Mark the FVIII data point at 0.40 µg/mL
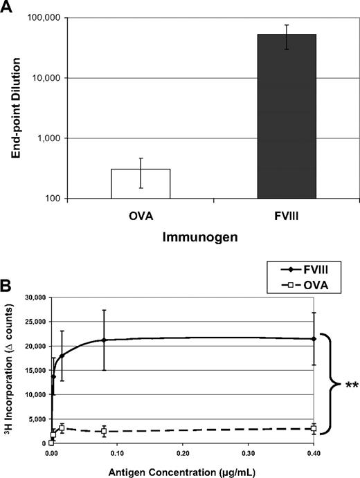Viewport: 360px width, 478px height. (314, 339)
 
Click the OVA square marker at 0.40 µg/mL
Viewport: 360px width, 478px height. (314, 429)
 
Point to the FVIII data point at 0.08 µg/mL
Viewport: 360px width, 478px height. (104, 340)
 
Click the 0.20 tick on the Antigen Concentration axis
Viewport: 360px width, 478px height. (182, 454)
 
